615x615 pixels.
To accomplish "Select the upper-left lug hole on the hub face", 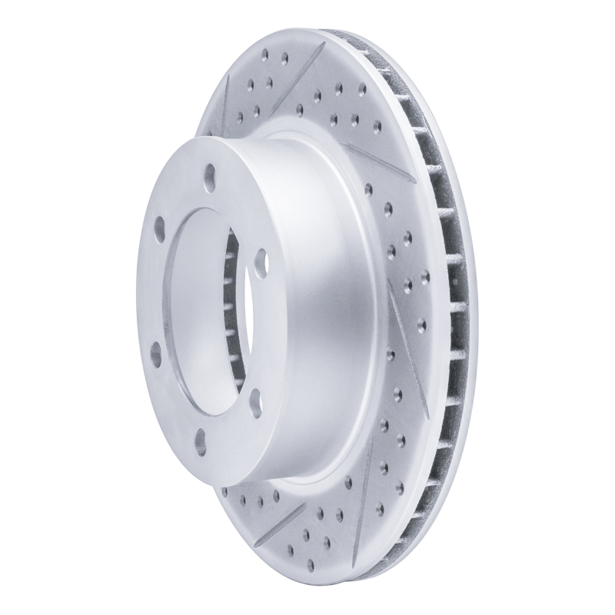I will coord(159,228).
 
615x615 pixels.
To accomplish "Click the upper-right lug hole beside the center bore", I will coord(260,257).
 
